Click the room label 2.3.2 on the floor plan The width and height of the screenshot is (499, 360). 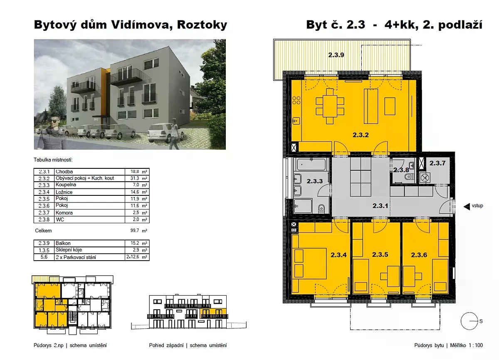361,135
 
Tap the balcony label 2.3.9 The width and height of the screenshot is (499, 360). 336,55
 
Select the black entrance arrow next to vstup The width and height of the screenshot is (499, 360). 467,207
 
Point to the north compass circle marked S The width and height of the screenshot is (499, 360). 469,321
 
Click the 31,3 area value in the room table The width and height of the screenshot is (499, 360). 135,178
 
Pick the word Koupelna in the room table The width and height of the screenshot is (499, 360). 66,185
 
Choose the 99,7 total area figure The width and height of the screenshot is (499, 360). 135,230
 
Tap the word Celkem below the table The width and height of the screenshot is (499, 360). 43,231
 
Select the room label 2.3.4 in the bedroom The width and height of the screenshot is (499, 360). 338,255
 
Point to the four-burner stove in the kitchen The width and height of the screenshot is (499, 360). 296,100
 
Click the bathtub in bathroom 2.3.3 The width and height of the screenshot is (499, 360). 311,165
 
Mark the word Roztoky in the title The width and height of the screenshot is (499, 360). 202,25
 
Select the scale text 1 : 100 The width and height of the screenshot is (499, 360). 476,345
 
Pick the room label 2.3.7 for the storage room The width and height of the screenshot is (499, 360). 437,163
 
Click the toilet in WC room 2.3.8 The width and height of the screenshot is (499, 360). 409,177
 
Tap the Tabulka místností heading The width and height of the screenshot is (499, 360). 53,160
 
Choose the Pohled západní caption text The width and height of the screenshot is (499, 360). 166,345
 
